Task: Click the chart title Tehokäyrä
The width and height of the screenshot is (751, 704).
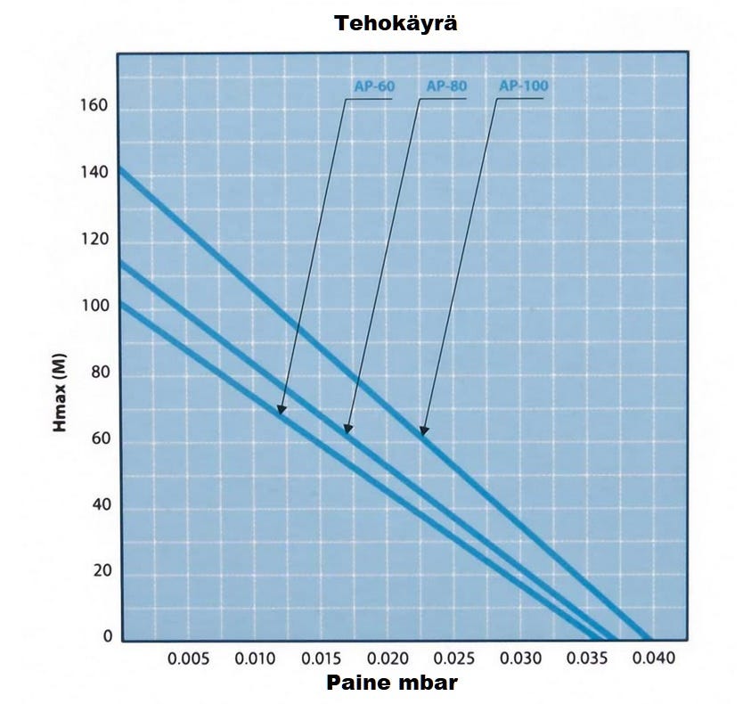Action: click(396, 24)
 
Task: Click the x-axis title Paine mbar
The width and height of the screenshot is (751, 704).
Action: click(393, 683)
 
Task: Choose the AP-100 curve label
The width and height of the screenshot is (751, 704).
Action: click(523, 86)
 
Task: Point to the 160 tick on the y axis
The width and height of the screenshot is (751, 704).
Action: click(95, 106)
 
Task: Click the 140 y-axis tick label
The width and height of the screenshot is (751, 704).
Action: click(95, 173)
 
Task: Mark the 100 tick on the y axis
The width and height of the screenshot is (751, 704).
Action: click(95, 306)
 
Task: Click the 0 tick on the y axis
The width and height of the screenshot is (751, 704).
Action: click(107, 637)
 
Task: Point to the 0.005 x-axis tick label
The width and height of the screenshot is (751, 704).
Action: click(189, 659)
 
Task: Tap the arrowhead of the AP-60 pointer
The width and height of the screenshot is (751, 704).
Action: click(281, 412)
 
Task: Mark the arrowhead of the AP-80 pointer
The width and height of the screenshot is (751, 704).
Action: click(347, 431)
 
